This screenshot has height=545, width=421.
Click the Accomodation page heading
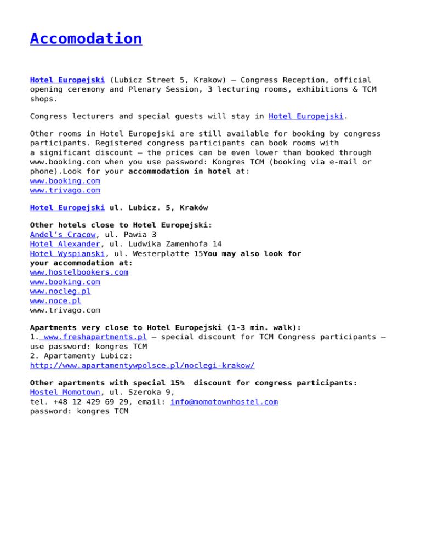point(86,39)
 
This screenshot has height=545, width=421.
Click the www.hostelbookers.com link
point(79,272)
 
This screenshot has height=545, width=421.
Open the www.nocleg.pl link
point(60,291)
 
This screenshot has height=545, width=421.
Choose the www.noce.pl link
point(55,300)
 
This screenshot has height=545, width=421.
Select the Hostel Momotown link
point(65,393)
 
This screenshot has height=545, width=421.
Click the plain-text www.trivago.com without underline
point(65,310)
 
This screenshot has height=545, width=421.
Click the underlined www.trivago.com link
point(65,190)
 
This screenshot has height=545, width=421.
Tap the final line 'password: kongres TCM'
point(79,411)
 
